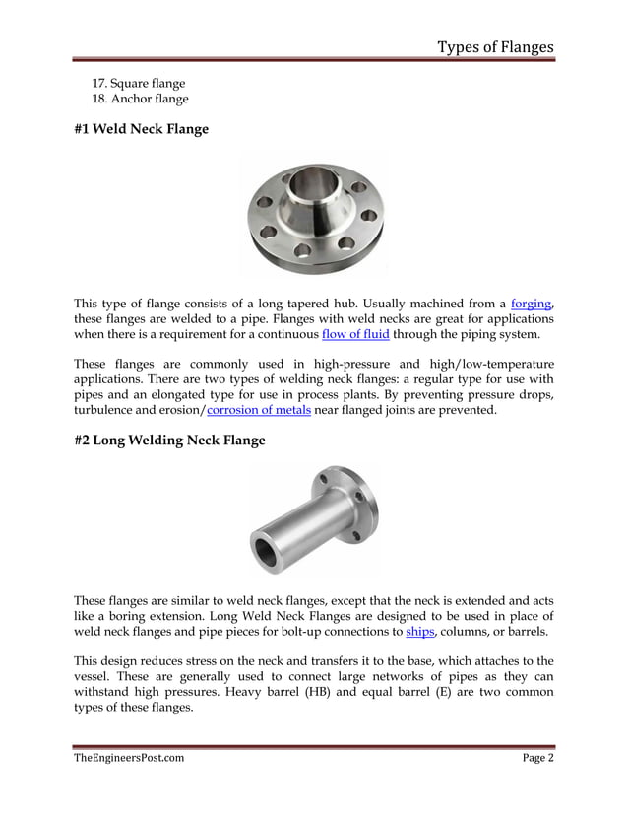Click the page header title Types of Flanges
[495, 46]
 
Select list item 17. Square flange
[138, 83]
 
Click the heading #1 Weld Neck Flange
[141, 128]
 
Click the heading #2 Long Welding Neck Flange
[169, 440]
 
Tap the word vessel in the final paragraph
[94, 676]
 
